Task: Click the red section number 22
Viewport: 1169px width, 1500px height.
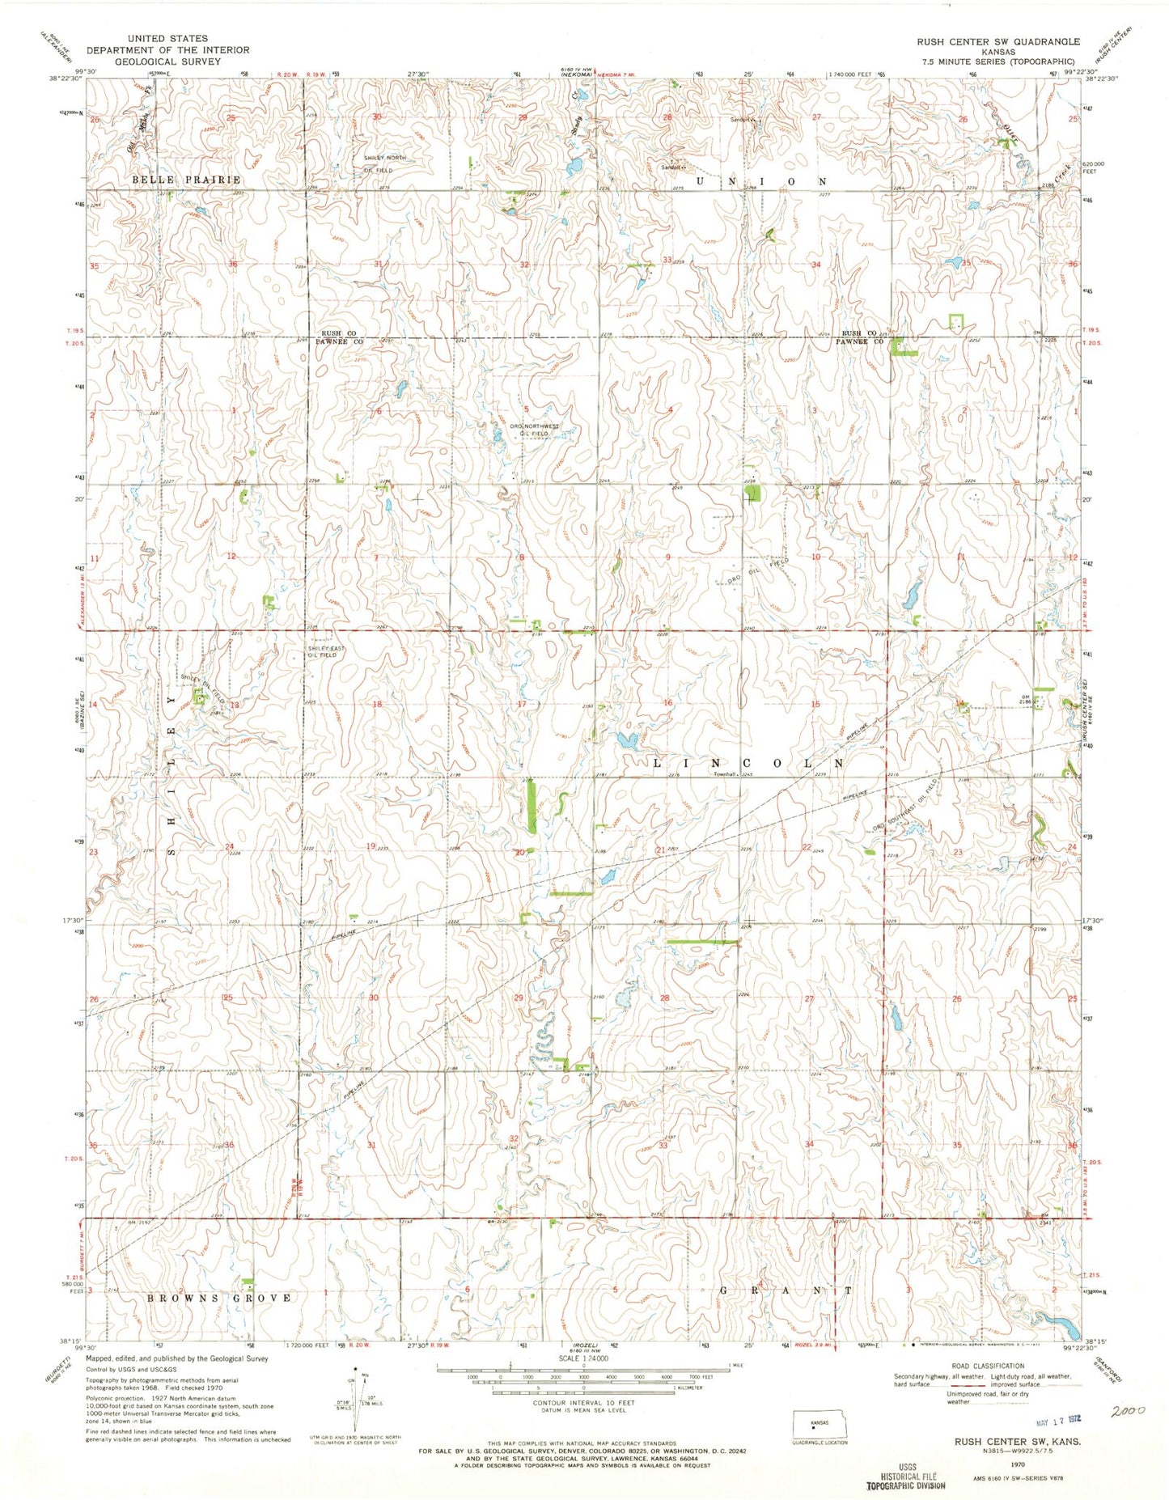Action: (x=806, y=846)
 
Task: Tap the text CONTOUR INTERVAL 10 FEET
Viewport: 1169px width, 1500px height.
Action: (x=582, y=1407)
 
